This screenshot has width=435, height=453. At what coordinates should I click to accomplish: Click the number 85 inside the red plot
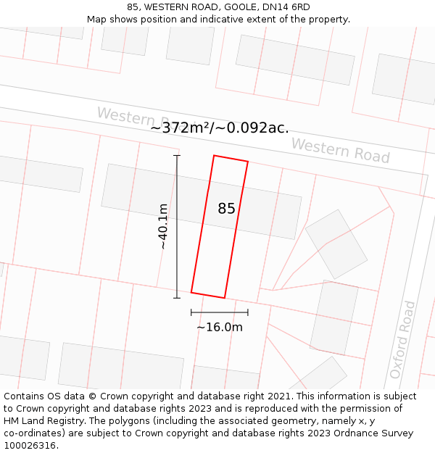(226, 209)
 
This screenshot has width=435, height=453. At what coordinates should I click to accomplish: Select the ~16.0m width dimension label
(219, 327)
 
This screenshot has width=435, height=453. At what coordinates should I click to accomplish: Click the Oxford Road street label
(402, 339)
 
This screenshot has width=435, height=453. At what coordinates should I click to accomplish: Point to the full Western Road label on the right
(340, 151)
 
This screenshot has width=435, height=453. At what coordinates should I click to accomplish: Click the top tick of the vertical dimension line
(177, 156)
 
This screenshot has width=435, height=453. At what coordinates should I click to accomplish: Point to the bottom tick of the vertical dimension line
(177, 297)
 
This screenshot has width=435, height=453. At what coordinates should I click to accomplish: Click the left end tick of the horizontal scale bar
(191, 312)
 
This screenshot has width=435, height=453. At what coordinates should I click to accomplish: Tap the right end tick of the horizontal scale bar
(248, 312)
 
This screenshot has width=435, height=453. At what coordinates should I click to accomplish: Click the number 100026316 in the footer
(31, 445)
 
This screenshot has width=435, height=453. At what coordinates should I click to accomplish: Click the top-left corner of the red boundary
(214, 155)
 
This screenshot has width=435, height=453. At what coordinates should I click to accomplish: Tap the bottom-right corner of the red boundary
(225, 298)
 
